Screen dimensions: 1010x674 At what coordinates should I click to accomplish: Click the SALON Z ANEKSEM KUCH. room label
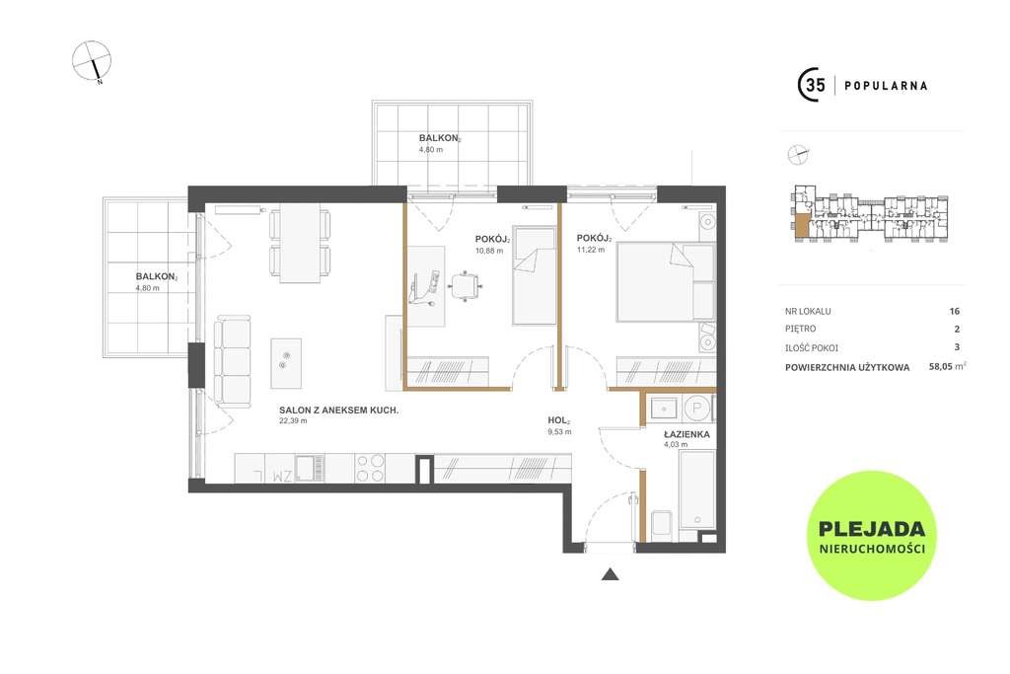pyautogui.click(x=339, y=410)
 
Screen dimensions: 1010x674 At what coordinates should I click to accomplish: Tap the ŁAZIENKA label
pyautogui.click(x=686, y=434)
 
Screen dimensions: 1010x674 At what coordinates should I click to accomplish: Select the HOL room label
pyautogui.click(x=558, y=420)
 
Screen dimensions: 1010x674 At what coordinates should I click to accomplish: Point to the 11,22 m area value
pyautogui.click(x=591, y=250)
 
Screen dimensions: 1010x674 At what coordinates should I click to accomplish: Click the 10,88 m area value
pyautogui.click(x=489, y=251)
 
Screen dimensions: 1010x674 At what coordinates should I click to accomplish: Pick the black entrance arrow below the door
pyautogui.click(x=610, y=574)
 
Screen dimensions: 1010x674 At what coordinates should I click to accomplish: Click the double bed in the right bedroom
pyautogui.click(x=666, y=281)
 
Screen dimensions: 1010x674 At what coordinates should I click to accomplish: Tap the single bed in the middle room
pyautogui.click(x=534, y=275)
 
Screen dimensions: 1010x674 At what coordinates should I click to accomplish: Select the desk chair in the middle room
pyautogui.click(x=466, y=285)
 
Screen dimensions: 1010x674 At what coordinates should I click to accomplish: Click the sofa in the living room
pyautogui.click(x=233, y=361)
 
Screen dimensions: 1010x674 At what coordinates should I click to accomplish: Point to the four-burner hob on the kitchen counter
pyautogui.click(x=370, y=468)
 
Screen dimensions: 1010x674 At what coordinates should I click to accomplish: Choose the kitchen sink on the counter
pyautogui.click(x=310, y=468)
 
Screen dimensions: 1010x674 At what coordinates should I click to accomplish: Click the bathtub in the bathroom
pyautogui.click(x=697, y=489)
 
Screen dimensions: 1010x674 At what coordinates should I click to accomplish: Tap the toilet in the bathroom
pyautogui.click(x=661, y=525)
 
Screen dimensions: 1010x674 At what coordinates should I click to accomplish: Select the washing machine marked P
pyautogui.click(x=696, y=408)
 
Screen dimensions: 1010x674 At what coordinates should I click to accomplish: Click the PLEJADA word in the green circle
pyautogui.click(x=872, y=529)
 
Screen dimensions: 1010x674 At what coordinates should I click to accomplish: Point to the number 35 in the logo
pyautogui.click(x=815, y=85)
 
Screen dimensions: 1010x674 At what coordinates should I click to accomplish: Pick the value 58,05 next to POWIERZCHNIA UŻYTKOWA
pyautogui.click(x=941, y=367)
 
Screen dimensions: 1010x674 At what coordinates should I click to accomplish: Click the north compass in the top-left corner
pyautogui.click(x=92, y=62)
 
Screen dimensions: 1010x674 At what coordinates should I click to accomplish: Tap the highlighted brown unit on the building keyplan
pyautogui.click(x=801, y=225)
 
